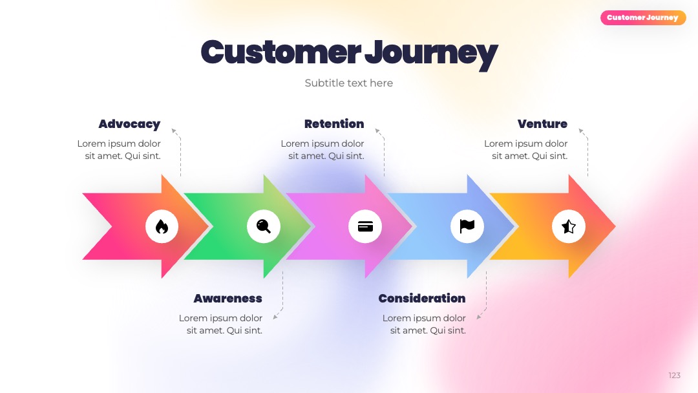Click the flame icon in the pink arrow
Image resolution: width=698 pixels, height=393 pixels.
click(162, 226)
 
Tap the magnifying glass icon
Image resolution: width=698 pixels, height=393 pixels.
click(264, 226)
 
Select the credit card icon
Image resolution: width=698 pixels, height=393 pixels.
click(365, 226)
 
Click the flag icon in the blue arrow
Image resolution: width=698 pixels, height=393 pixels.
click(467, 226)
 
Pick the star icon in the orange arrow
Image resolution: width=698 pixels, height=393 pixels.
click(569, 226)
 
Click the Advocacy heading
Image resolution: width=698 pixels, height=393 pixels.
click(129, 124)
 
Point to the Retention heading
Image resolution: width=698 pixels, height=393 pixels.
click(334, 123)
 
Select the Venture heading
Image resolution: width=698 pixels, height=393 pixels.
click(542, 123)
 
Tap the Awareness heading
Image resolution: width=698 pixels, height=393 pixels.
click(228, 298)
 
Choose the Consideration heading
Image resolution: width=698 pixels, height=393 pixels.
click(422, 298)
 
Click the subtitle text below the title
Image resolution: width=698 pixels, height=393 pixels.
click(349, 83)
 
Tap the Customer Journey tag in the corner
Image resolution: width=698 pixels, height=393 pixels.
click(643, 18)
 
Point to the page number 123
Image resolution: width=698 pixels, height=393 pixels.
click(674, 375)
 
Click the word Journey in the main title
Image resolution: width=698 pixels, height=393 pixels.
click(431, 54)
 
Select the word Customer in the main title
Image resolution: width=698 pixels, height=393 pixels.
click(281, 52)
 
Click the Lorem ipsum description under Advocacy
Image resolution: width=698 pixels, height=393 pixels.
click(119, 149)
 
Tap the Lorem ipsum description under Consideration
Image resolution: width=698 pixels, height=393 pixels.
click(424, 324)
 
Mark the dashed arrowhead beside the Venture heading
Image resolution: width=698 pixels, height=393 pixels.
click(582, 131)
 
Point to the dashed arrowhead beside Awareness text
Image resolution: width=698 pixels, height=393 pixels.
click(275, 317)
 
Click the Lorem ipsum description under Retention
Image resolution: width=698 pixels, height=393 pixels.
click(323, 149)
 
